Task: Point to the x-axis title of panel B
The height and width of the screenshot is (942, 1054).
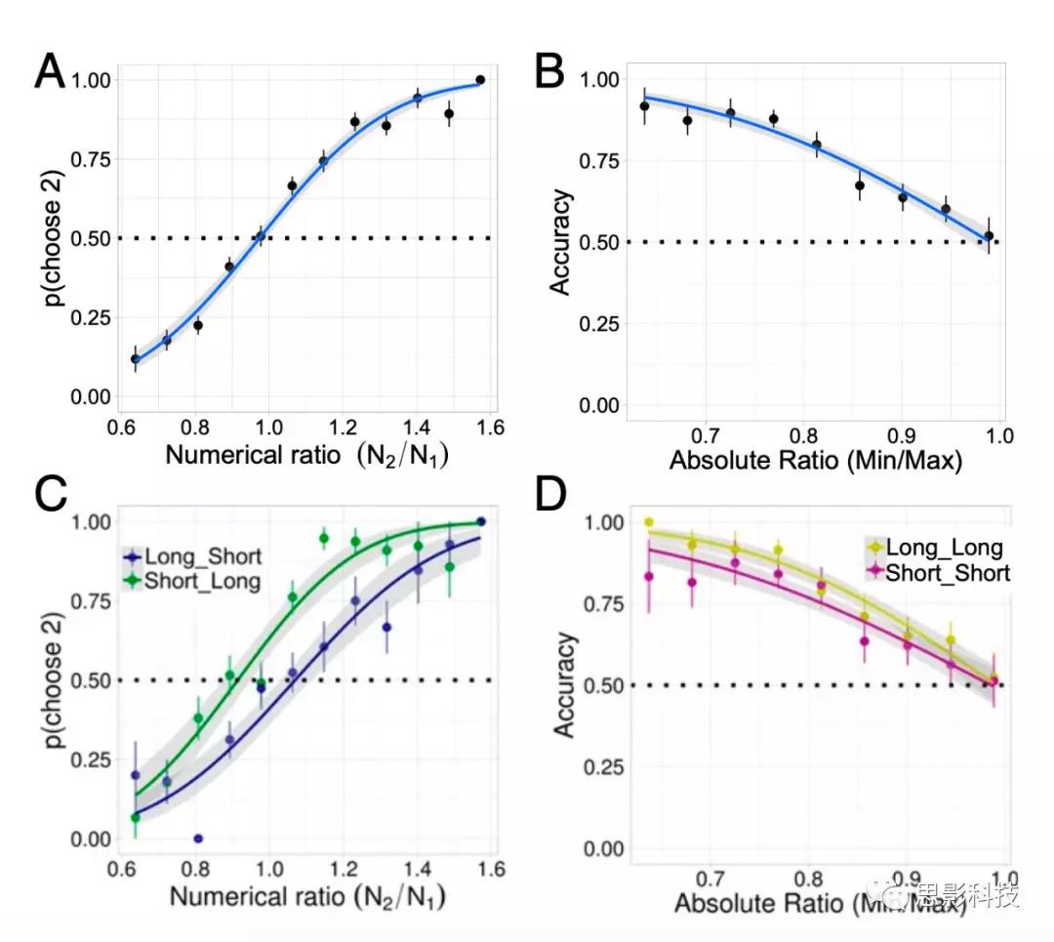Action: point(816,460)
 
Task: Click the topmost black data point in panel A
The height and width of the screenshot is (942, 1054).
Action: point(480,80)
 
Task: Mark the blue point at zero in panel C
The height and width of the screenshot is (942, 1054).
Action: point(198,838)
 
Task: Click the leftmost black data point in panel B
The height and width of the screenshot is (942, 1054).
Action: point(644,106)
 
